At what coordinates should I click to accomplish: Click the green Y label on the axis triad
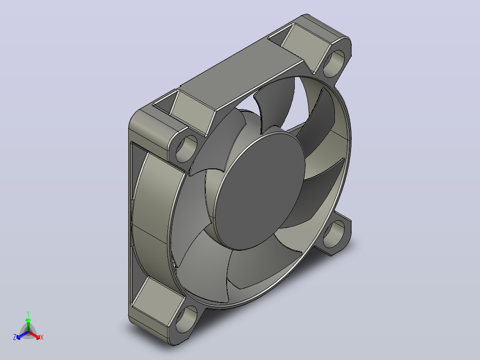click(x=28, y=313)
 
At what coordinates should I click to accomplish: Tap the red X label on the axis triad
click(x=42, y=337)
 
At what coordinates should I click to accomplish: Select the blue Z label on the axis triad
click(x=14, y=337)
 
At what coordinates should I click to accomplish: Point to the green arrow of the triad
click(x=28, y=324)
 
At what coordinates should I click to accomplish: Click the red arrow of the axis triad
click(x=34, y=335)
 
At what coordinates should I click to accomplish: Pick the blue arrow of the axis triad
click(x=22, y=335)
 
